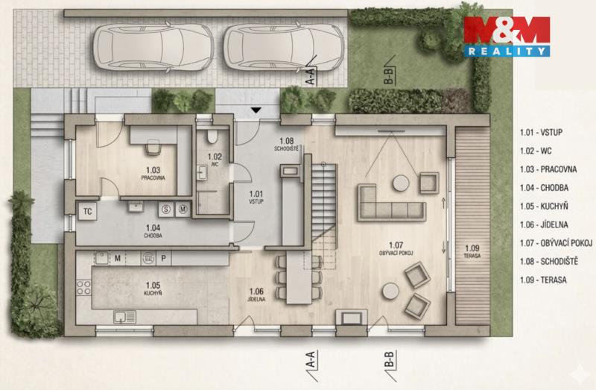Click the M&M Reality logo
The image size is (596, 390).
point(507,36)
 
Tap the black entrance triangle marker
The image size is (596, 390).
point(256,110)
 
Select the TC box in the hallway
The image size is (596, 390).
point(87,211)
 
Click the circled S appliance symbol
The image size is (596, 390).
point(166,210)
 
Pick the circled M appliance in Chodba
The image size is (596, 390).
point(183,210)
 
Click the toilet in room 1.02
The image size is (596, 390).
point(212,136)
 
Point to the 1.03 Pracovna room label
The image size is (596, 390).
point(153,173)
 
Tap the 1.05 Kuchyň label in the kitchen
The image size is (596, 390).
point(153,289)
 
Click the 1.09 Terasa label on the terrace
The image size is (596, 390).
point(472,252)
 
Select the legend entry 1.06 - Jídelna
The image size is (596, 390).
point(544,224)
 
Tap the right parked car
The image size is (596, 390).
point(284,47)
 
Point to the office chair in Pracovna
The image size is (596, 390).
point(153,147)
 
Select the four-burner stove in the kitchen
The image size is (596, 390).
point(84,288)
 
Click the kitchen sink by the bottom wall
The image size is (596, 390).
point(124,317)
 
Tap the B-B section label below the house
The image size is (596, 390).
point(389,359)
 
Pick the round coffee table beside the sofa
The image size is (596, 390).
point(401,183)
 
